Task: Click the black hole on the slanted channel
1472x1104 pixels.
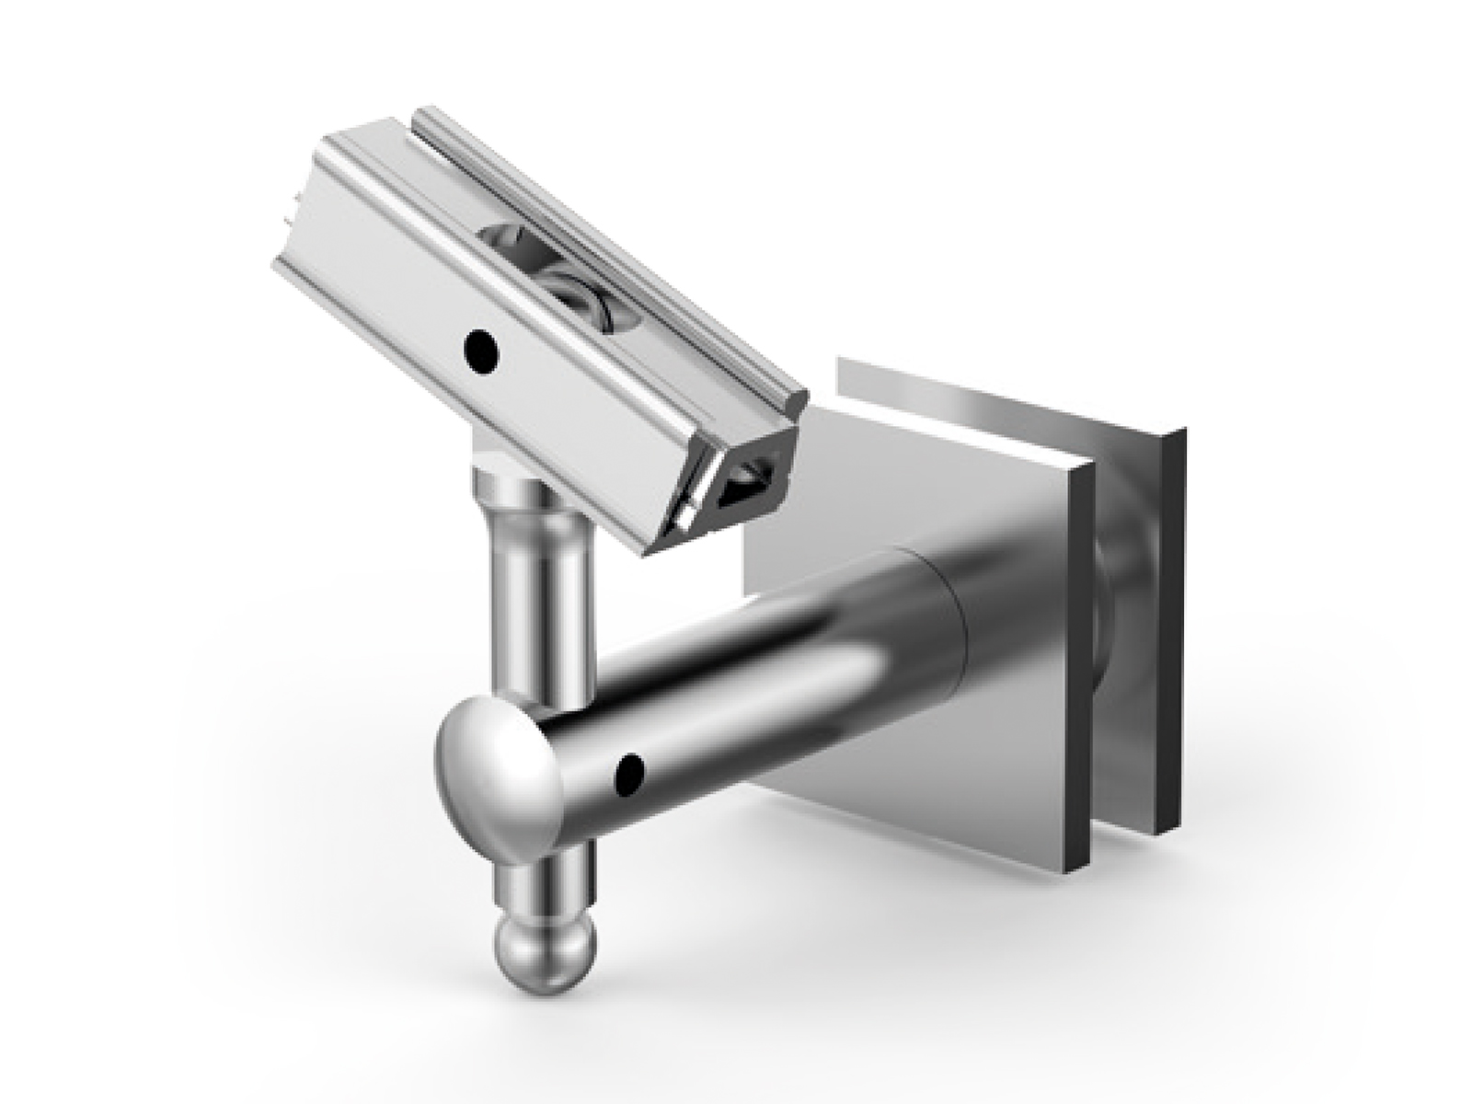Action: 480,351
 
